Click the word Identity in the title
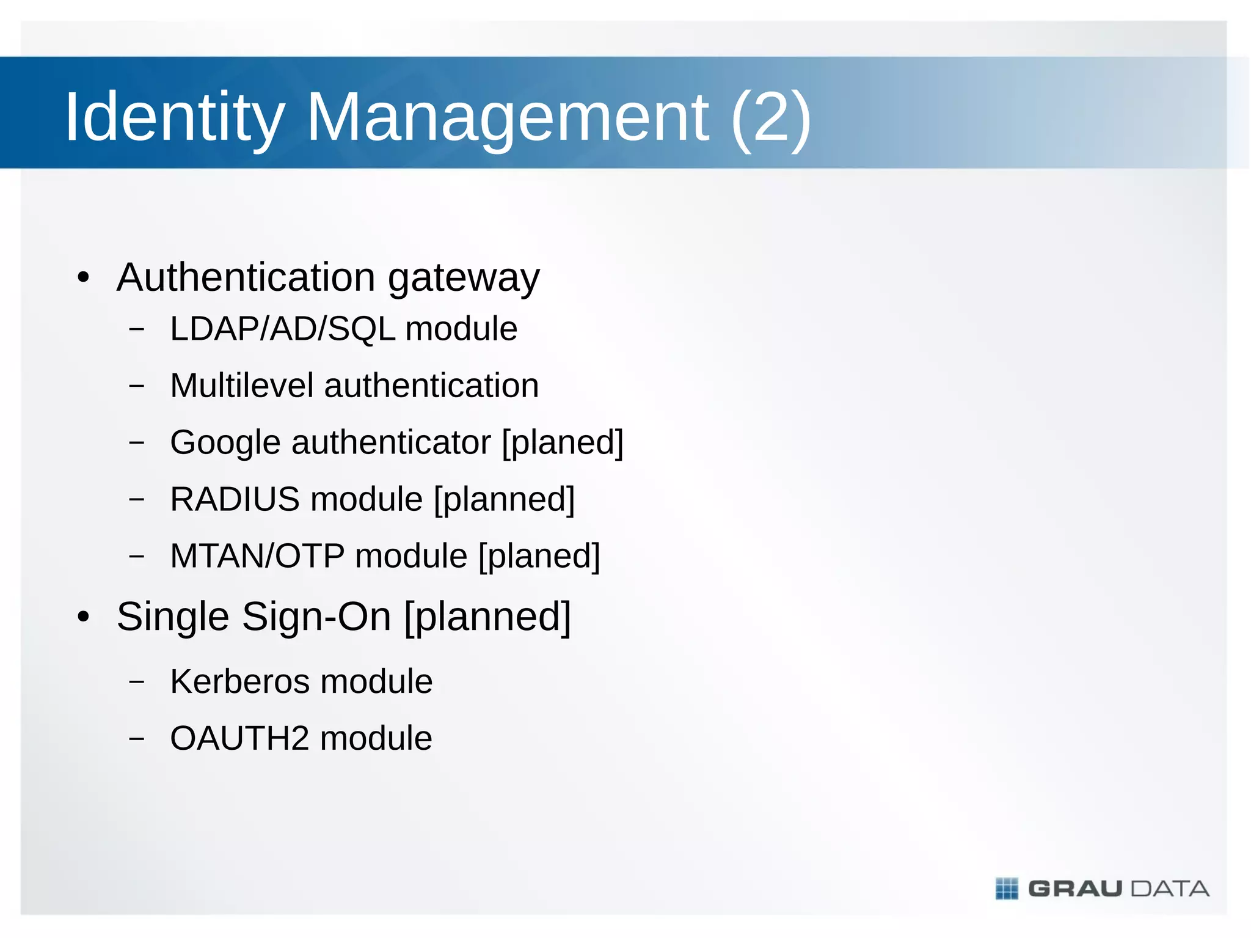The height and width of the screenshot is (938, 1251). tap(175, 117)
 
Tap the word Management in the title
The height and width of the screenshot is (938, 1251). tap(507, 117)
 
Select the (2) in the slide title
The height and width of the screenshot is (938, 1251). tap(770, 117)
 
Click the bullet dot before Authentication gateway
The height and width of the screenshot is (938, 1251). tap(84, 279)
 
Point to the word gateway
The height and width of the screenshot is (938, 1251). tap(464, 279)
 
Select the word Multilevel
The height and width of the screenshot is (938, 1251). tap(241, 386)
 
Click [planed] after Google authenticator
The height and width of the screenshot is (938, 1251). tap(563, 442)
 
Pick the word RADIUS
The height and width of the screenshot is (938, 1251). tap(235, 499)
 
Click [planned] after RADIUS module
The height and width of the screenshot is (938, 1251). tap(505, 499)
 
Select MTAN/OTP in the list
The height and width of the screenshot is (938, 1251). tap(257, 556)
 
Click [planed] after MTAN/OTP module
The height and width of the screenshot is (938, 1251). tap(539, 556)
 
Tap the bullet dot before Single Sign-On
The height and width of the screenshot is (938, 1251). tap(84, 617)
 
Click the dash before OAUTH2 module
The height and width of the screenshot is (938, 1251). tap(137, 738)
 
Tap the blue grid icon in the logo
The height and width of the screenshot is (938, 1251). tap(1007, 889)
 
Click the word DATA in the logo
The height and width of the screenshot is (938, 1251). tap(1170, 889)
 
